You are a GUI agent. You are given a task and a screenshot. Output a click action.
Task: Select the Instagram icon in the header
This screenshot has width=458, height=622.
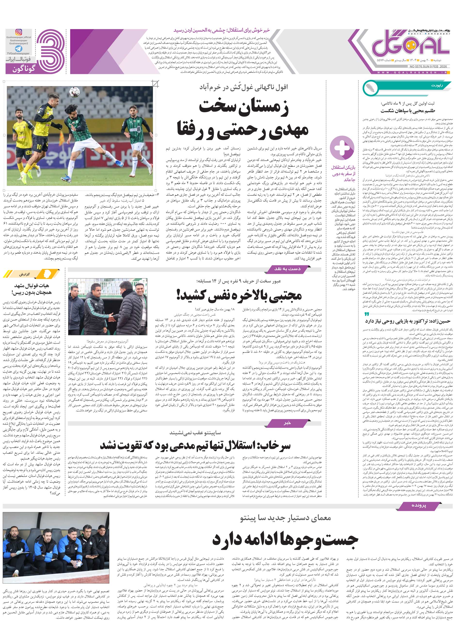point(19,32)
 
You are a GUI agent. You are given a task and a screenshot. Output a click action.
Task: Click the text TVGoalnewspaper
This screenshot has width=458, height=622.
point(19,54)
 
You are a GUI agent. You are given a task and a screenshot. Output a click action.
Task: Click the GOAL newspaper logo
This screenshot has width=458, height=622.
point(410,44)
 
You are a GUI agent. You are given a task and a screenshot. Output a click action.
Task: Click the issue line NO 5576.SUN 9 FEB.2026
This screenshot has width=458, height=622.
point(429,66)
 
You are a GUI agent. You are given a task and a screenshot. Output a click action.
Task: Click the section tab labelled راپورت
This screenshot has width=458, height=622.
point(437,86)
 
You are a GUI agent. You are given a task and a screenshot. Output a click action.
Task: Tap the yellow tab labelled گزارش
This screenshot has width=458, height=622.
point(25,274)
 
